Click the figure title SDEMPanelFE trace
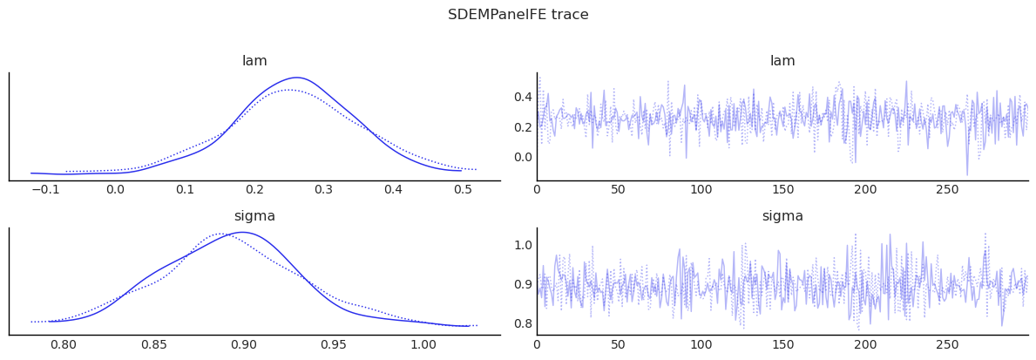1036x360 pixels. (518, 15)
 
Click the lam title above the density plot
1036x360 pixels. (254, 61)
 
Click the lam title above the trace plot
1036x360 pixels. (782, 61)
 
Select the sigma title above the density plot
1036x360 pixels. (254, 216)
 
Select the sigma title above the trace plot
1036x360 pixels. (782, 216)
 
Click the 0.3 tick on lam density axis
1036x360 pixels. (324, 190)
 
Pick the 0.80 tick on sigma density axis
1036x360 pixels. (63, 344)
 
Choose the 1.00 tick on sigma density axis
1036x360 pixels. (423, 344)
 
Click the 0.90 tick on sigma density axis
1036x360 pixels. (243, 344)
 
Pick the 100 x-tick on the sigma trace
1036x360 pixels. (701, 344)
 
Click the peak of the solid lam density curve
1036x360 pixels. (297, 78)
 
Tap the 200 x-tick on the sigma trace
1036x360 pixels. (865, 344)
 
